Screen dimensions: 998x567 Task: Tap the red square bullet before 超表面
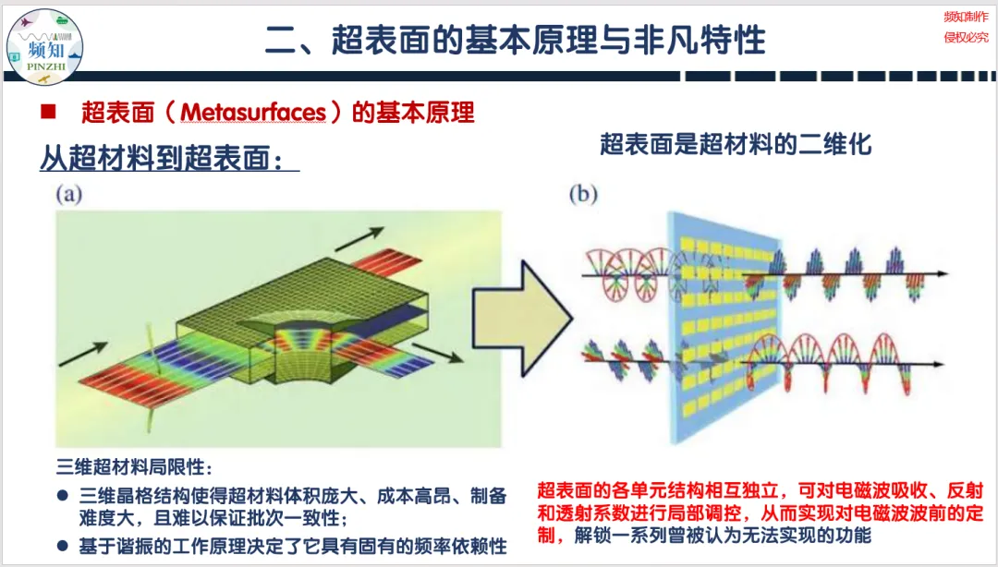pos(49,113)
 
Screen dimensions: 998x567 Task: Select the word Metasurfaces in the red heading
pos(254,113)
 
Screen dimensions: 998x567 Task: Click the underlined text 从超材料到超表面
pos(169,158)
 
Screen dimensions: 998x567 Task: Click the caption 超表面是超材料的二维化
pos(736,144)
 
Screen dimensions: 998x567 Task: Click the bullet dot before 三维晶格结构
pos(63,496)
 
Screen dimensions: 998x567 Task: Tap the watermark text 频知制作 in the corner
pos(965,17)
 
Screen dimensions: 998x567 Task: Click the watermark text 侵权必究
pos(965,37)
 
